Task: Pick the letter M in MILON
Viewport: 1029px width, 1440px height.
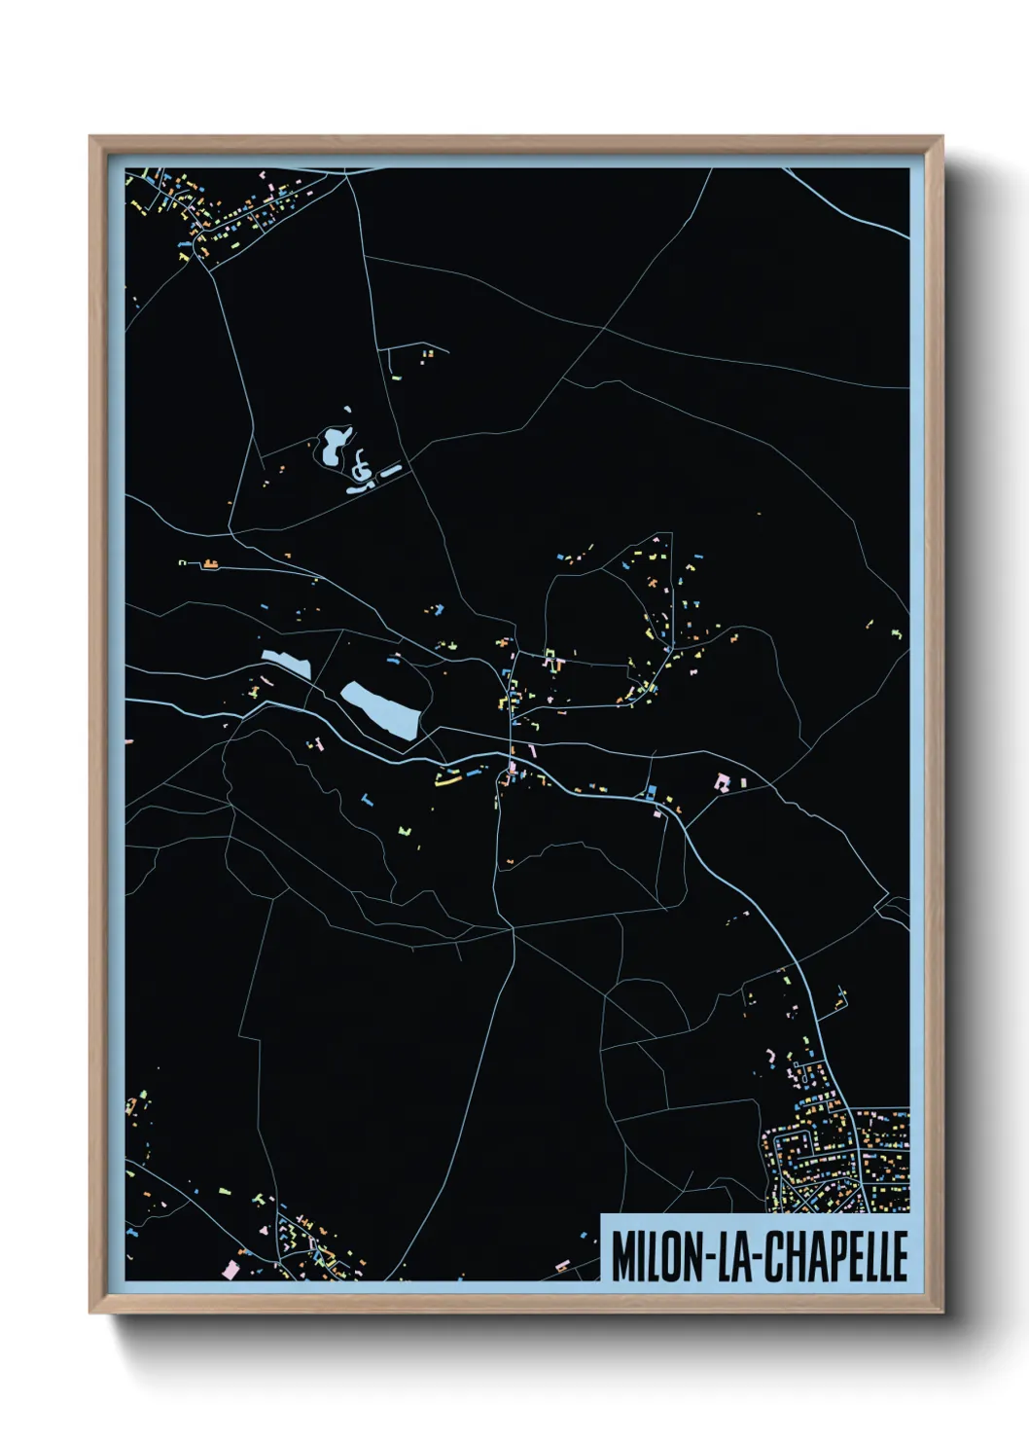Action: pos(621,1256)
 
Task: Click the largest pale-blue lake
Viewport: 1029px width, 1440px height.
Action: pos(381,708)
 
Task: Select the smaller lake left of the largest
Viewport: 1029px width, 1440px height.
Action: pos(286,664)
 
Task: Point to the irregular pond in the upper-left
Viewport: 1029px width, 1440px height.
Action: pos(333,444)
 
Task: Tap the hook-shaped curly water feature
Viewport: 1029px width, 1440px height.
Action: pos(362,467)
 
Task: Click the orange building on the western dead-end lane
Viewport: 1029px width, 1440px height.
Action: pos(210,563)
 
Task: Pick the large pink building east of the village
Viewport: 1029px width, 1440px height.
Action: pos(722,781)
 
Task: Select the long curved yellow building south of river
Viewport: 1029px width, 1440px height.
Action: pos(447,779)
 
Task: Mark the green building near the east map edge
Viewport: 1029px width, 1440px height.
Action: pos(897,634)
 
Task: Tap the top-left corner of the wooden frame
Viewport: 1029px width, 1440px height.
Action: pos(91,138)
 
